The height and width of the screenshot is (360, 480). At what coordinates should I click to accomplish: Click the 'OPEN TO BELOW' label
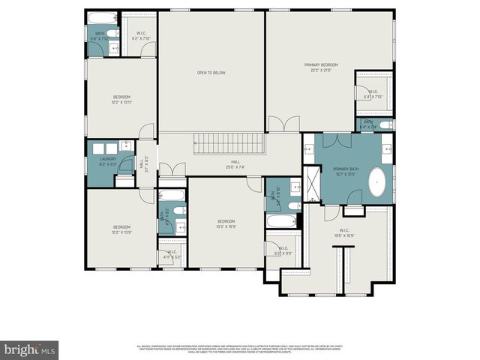tap(211, 73)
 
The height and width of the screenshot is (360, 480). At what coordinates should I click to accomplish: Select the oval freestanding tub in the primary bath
tap(377, 183)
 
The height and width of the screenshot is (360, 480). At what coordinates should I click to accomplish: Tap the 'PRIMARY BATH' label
tap(346, 169)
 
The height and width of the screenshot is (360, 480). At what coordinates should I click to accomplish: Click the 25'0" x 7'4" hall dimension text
tap(235, 166)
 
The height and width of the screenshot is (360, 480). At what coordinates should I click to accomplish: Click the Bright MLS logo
tap(30, 349)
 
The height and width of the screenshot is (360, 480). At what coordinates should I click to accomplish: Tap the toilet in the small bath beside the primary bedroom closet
tap(384, 125)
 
